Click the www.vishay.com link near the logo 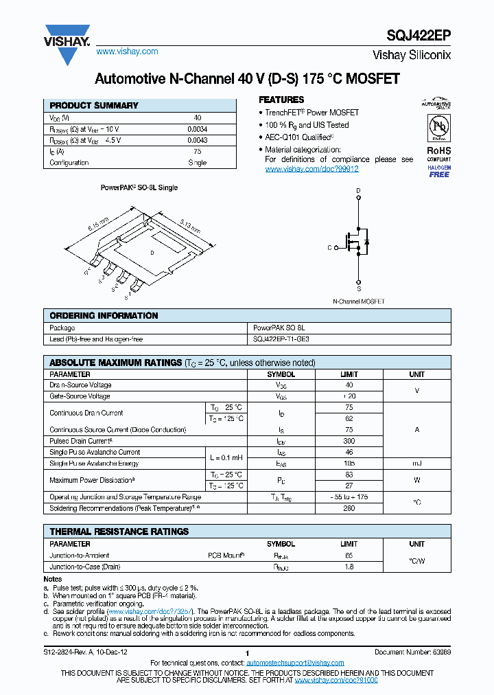[127, 52]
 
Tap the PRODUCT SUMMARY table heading [94, 106]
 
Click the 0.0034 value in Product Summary [197, 129]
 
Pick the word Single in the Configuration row [197, 163]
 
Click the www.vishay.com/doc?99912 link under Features [311, 169]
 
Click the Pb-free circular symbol [439, 128]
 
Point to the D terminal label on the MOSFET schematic [358, 190]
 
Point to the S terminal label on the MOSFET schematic [358, 282]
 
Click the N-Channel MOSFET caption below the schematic [358, 301]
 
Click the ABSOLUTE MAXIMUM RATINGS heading [114, 363]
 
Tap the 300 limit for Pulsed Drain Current [349, 441]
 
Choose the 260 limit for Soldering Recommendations [349, 508]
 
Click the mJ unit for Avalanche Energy [416, 464]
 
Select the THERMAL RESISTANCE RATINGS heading [119, 532]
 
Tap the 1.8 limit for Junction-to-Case [349, 567]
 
